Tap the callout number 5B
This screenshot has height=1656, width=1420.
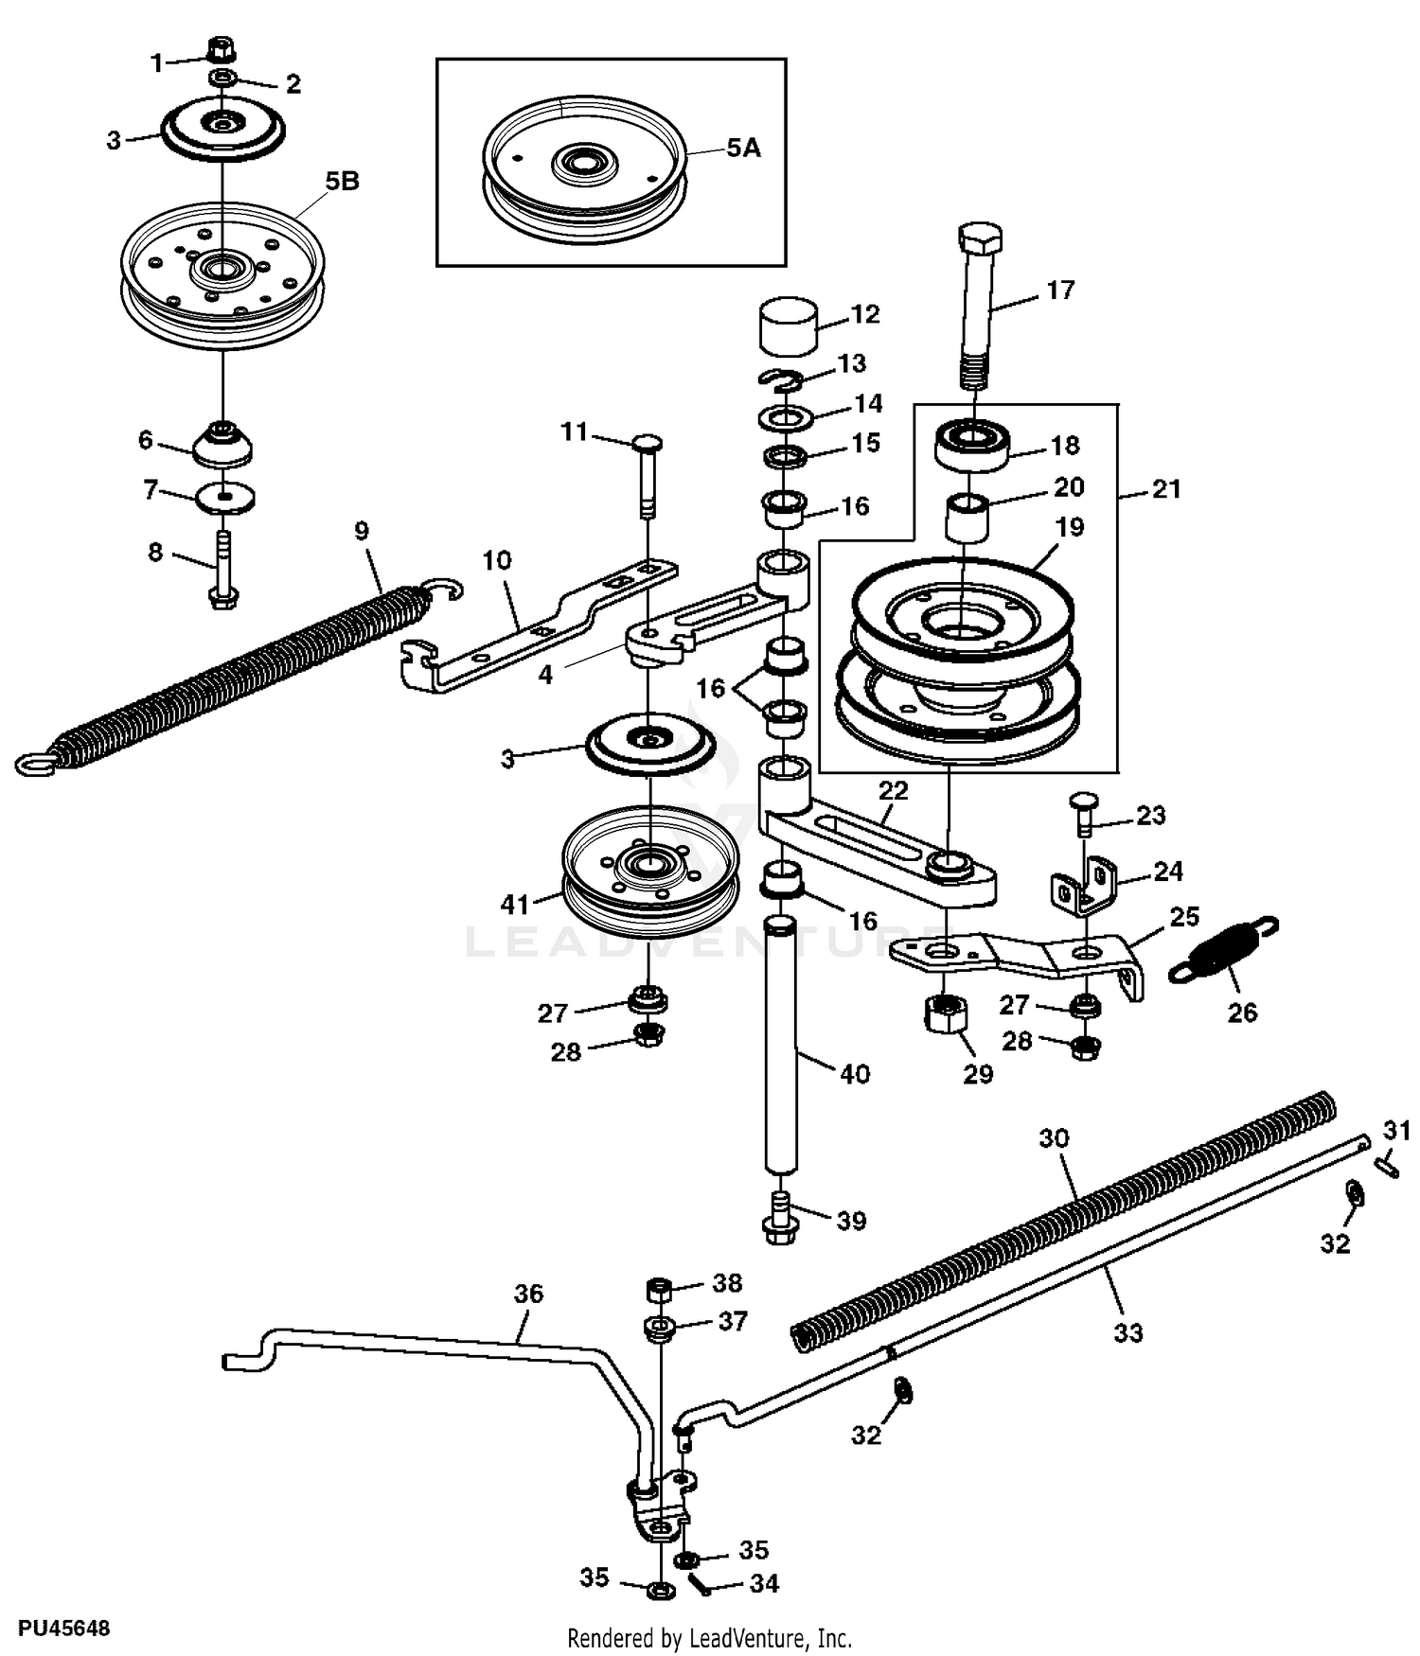tap(342, 181)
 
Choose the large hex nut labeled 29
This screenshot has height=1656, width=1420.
tap(943, 1017)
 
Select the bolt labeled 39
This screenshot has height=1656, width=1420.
tap(779, 1217)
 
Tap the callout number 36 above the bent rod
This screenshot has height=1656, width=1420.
tap(528, 1293)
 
